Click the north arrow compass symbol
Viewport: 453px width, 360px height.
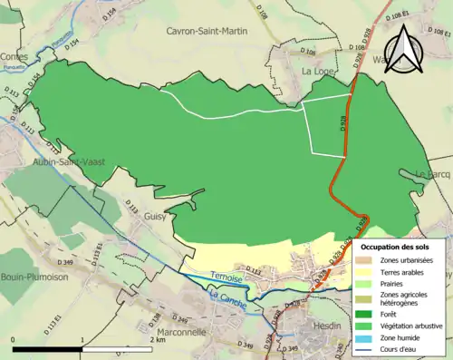pos(405,52)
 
